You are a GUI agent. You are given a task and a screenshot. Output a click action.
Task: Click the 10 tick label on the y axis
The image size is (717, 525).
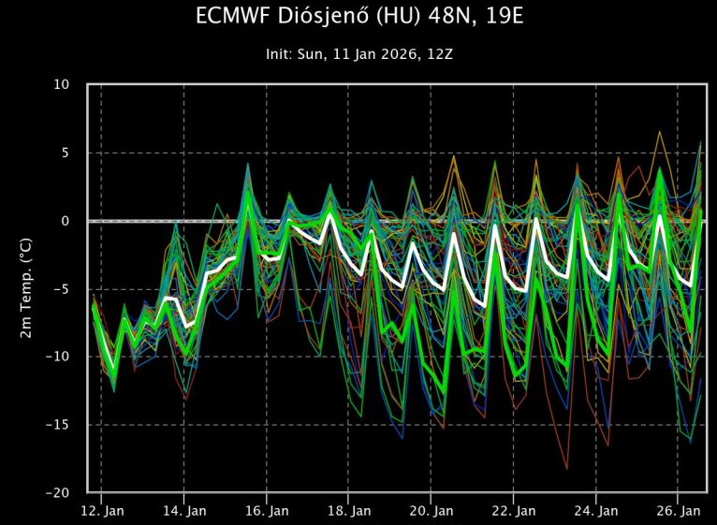[x=61, y=84]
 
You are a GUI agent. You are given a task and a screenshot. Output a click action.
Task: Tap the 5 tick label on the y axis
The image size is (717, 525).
[x=66, y=153]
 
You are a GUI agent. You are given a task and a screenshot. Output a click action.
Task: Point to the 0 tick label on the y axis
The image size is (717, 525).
[x=66, y=221]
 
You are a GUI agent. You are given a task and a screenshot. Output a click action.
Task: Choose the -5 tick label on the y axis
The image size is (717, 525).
[x=62, y=289]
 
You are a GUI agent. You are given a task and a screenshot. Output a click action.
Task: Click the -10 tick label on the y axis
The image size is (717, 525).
[x=58, y=357]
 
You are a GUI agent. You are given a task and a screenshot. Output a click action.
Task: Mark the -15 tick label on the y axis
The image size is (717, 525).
[x=58, y=425]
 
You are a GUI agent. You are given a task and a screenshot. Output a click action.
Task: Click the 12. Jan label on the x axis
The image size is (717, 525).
[x=102, y=511]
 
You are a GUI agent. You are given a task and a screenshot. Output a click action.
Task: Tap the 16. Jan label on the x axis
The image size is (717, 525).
[x=267, y=511]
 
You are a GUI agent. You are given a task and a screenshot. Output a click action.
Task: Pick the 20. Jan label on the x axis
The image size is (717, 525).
[x=432, y=511]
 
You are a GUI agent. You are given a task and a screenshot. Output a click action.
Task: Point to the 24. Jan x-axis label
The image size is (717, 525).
[x=596, y=511]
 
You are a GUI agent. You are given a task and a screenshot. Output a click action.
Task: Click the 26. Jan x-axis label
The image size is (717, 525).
[x=679, y=511]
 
